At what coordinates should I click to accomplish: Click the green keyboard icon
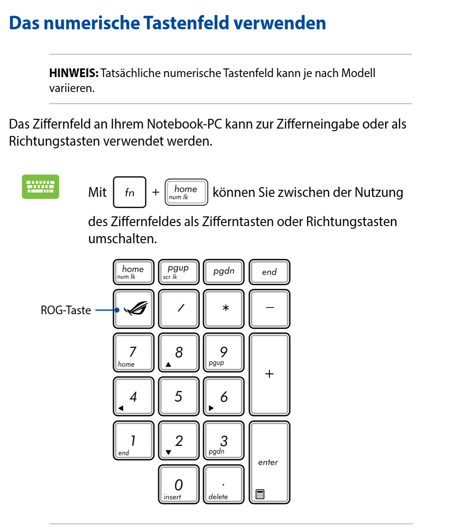click(40, 186)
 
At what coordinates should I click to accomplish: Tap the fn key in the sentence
click(129, 192)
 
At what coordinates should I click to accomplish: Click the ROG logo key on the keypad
click(134, 309)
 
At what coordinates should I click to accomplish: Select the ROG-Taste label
click(66, 310)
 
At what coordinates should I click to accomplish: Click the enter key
click(269, 462)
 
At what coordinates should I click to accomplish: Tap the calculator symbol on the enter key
click(260, 494)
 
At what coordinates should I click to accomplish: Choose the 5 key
click(179, 396)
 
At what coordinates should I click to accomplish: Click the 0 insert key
click(179, 485)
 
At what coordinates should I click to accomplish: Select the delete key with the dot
click(223, 485)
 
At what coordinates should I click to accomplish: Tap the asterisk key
click(223, 309)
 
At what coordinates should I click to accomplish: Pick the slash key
click(179, 309)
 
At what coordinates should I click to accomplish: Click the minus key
click(269, 309)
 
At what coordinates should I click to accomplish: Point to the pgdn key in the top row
click(223, 271)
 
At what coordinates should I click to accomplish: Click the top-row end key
click(269, 271)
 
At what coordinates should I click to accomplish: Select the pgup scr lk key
click(179, 271)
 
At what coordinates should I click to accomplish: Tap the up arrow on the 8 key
click(169, 364)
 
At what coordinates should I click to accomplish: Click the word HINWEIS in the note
click(74, 73)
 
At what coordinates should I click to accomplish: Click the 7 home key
click(134, 353)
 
